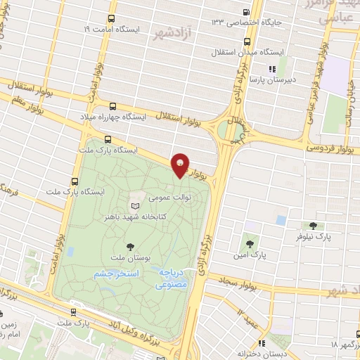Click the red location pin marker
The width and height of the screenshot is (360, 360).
(181, 165)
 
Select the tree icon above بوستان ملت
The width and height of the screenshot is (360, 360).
(130, 246)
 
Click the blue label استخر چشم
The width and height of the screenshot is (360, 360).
(117, 273)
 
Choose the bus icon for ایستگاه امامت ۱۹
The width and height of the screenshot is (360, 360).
(112, 19)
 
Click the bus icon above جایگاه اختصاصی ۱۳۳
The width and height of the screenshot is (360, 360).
(245, 12)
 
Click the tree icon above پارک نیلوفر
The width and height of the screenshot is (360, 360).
(313, 226)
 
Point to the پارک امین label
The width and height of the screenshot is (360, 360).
(259, 252)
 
